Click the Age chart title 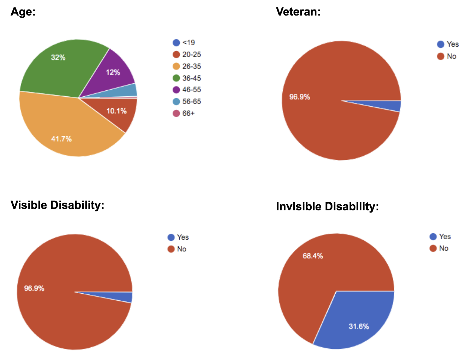23,12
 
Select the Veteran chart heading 298,12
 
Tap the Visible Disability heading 58,205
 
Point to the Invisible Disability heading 327,206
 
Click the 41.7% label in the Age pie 61,139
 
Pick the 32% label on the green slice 58,58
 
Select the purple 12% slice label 113,72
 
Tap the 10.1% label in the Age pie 116,111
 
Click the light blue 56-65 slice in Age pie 131,90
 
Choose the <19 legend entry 184,43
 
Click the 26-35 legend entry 187,66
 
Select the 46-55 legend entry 187,90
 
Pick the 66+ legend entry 184,113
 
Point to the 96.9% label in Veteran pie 300,97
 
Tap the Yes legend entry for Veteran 448,44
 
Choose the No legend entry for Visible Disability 177,249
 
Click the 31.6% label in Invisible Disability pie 359,326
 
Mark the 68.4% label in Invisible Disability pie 313,256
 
